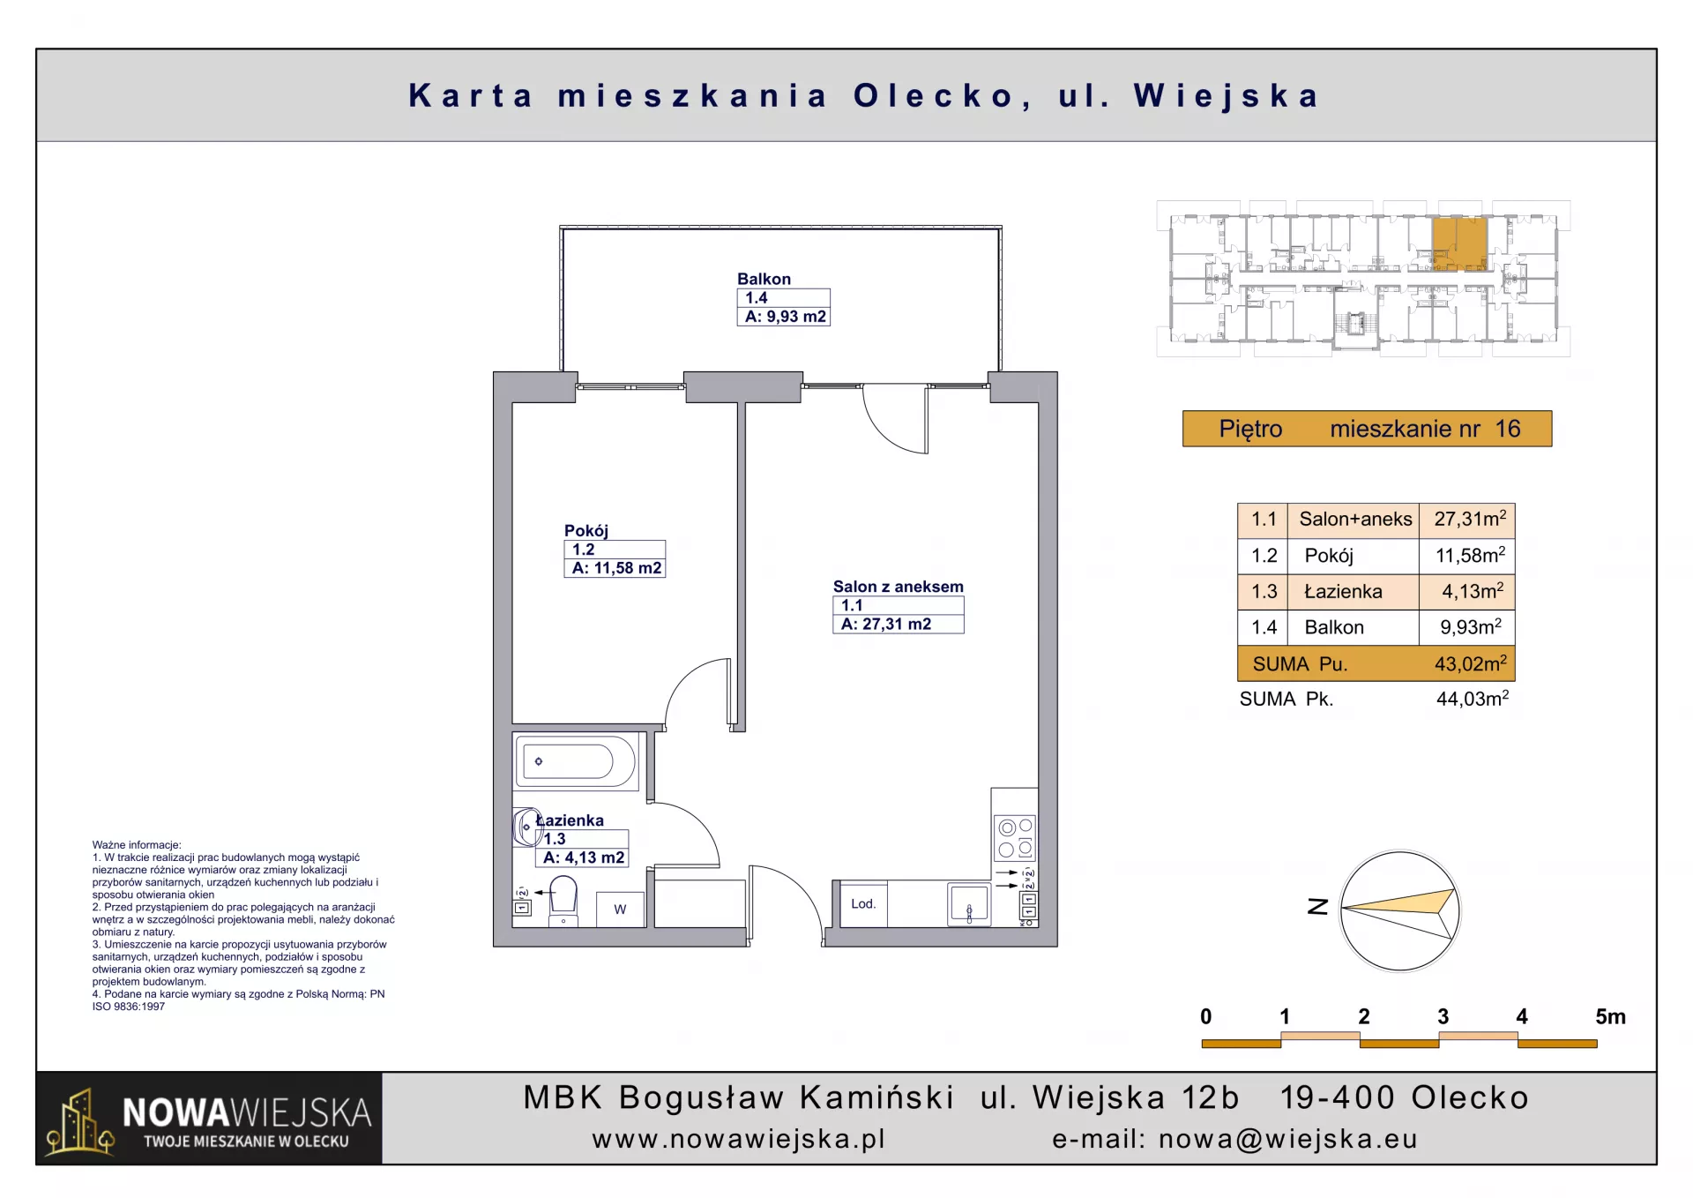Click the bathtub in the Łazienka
click(575, 760)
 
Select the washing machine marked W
click(620, 910)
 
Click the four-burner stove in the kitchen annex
click(1015, 838)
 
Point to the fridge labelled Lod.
click(863, 904)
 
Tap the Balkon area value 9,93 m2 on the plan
click(785, 317)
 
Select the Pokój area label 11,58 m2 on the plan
click(616, 568)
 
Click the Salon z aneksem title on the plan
click(898, 587)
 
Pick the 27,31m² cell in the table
click(1470, 519)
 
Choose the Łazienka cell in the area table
click(1343, 591)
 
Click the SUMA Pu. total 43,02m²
click(1470, 663)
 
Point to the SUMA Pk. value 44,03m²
click(1473, 699)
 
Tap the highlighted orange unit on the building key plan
click(1459, 243)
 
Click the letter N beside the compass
click(1317, 906)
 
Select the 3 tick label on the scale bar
click(1443, 1016)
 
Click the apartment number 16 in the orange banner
click(1508, 429)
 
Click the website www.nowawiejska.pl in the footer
click(739, 1139)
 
